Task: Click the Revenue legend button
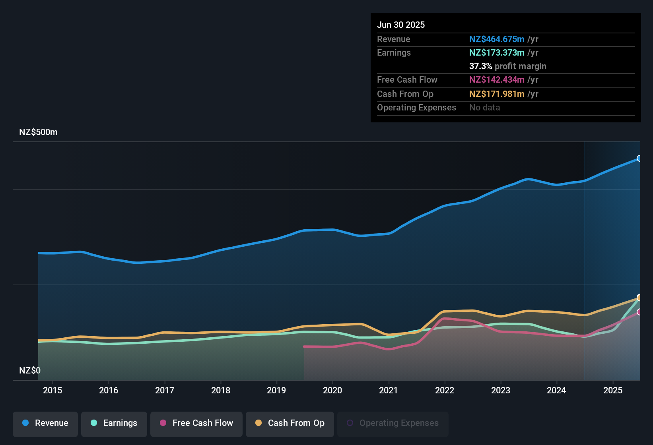click(x=45, y=423)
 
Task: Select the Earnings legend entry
click(x=114, y=423)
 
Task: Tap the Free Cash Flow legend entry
click(x=196, y=423)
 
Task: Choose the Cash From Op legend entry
click(x=290, y=423)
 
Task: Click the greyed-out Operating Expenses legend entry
click(x=393, y=423)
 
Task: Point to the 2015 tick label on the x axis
click(x=52, y=391)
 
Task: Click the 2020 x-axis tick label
click(x=332, y=391)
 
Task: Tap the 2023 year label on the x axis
click(x=500, y=391)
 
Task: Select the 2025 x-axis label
click(x=612, y=391)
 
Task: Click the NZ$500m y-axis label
click(x=39, y=132)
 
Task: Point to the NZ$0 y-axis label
click(x=30, y=371)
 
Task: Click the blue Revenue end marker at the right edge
click(x=639, y=159)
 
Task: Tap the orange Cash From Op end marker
click(x=639, y=298)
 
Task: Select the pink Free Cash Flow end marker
click(x=639, y=312)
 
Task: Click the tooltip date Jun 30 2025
click(x=401, y=25)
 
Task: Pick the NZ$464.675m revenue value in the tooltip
click(x=497, y=39)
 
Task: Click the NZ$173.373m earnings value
click(x=497, y=53)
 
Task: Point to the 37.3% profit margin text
click(x=507, y=66)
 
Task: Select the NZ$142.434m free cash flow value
click(x=497, y=80)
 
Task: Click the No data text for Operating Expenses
click(x=484, y=108)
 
